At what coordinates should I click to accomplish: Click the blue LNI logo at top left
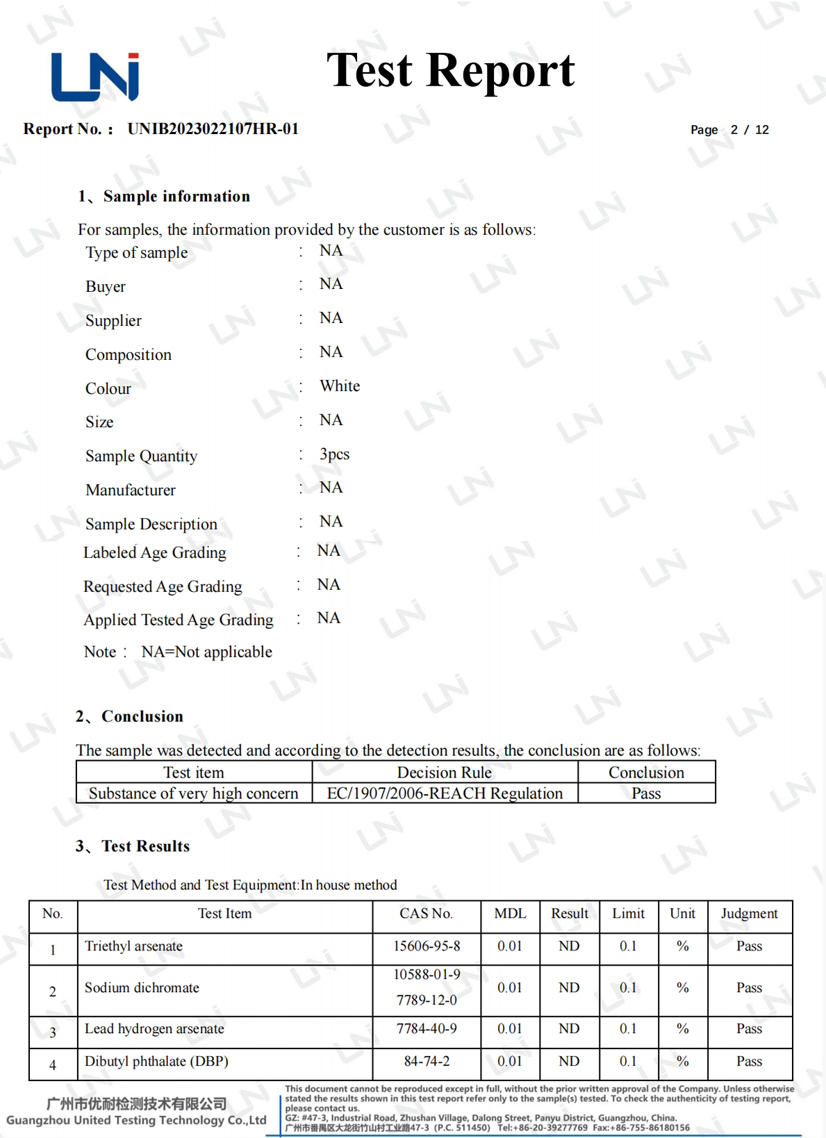coord(95,76)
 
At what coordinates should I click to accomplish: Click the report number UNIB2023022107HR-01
coord(213,129)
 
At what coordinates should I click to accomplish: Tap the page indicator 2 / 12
coord(749,130)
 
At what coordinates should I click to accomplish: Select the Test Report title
coord(450,71)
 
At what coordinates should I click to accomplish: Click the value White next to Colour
coord(340,386)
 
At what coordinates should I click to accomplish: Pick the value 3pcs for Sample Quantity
coord(334,454)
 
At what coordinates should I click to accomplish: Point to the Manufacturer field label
coord(131,490)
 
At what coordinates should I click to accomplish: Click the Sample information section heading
coord(176,197)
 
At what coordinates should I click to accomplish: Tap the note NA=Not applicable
coord(206,652)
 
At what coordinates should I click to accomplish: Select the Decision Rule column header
coord(444,773)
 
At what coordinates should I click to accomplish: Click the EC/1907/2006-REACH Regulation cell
coord(445,793)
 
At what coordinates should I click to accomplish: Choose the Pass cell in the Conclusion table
coord(646,793)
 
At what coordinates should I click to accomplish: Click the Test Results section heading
coord(145,846)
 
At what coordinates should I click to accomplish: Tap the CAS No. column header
coord(426,914)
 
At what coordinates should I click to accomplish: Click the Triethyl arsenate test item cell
coord(133,946)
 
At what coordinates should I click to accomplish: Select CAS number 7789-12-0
coord(427,1000)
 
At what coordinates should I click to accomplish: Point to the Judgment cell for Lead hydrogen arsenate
coord(749,1029)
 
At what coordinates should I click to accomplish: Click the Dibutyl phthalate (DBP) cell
coord(156,1062)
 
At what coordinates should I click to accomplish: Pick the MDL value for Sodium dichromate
coord(509,988)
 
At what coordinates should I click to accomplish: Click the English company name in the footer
coord(136,1121)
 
